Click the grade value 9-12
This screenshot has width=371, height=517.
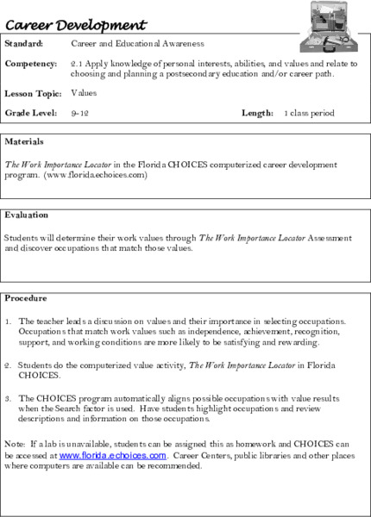pos(79,113)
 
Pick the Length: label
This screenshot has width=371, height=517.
pos(257,113)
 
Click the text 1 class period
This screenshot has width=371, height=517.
pos(309,113)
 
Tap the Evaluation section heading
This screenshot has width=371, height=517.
pos(26,215)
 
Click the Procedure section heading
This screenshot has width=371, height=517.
pos(26,298)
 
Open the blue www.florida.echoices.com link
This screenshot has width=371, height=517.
pos(112,455)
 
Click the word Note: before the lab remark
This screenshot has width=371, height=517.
pos(15,444)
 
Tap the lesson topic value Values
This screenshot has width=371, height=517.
pos(84,92)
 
